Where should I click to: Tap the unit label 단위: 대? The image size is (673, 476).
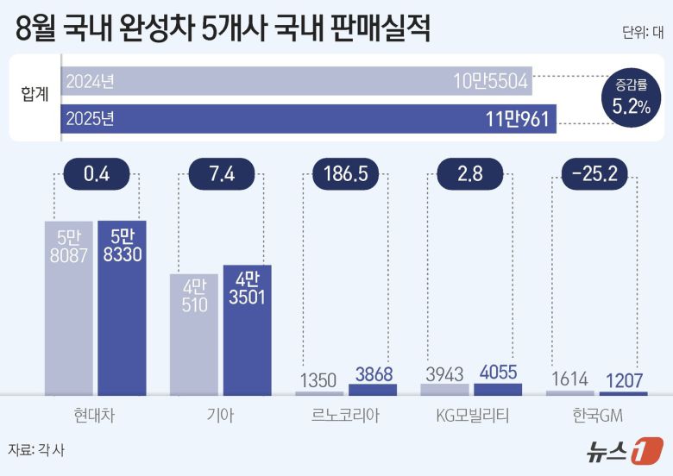642,34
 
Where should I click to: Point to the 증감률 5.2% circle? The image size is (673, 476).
631,98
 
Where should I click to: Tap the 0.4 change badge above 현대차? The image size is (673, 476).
96,174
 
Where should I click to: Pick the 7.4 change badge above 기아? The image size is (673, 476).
221,174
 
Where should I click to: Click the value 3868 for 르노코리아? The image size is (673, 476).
373,375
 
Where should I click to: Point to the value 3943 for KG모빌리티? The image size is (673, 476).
445,375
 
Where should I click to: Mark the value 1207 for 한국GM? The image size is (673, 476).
623,379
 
